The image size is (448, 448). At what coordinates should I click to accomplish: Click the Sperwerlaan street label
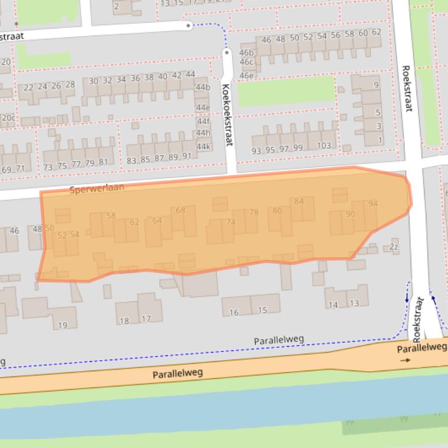coord(96,189)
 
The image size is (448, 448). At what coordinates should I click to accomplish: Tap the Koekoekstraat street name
coord(227,115)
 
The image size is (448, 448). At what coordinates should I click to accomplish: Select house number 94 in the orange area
coord(373,204)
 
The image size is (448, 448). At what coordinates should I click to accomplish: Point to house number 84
coord(298,201)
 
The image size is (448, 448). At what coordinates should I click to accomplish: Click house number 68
coord(180,210)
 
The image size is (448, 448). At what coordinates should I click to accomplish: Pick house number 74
coord(230,222)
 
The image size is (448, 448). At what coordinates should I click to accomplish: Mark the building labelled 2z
coord(394,247)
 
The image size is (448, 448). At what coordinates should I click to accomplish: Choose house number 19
coord(62,325)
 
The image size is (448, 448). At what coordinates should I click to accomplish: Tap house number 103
coord(323,146)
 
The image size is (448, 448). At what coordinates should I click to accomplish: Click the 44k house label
coord(203,147)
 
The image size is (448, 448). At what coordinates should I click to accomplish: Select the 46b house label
coord(246,53)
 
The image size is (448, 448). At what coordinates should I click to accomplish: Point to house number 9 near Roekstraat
coord(376,85)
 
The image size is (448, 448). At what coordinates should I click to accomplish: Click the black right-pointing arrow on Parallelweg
coord(404,360)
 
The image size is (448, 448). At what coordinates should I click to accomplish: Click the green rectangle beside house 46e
coord(285,91)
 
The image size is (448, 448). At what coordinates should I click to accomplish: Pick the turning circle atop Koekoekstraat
coord(227,53)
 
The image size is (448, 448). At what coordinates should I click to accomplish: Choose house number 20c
coord(8,118)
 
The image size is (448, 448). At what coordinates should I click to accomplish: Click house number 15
coord(262,310)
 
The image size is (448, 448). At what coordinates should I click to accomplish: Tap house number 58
coord(111,215)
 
